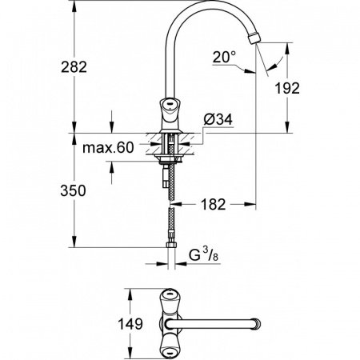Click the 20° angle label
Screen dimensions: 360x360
pyautogui.click(x=224, y=57)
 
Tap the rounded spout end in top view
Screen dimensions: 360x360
pyautogui.click(x=258, y=324)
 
